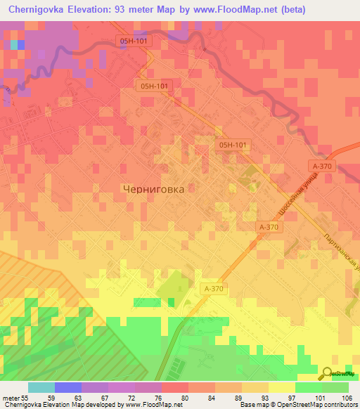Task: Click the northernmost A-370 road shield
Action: click(x=323, y=165)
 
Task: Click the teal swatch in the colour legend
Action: click(x=41, y=387)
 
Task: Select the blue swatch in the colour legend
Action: click(x=68, y=387)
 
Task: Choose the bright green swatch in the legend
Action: click(x=309, y=387)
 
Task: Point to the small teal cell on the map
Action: click(x=15, y=44)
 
